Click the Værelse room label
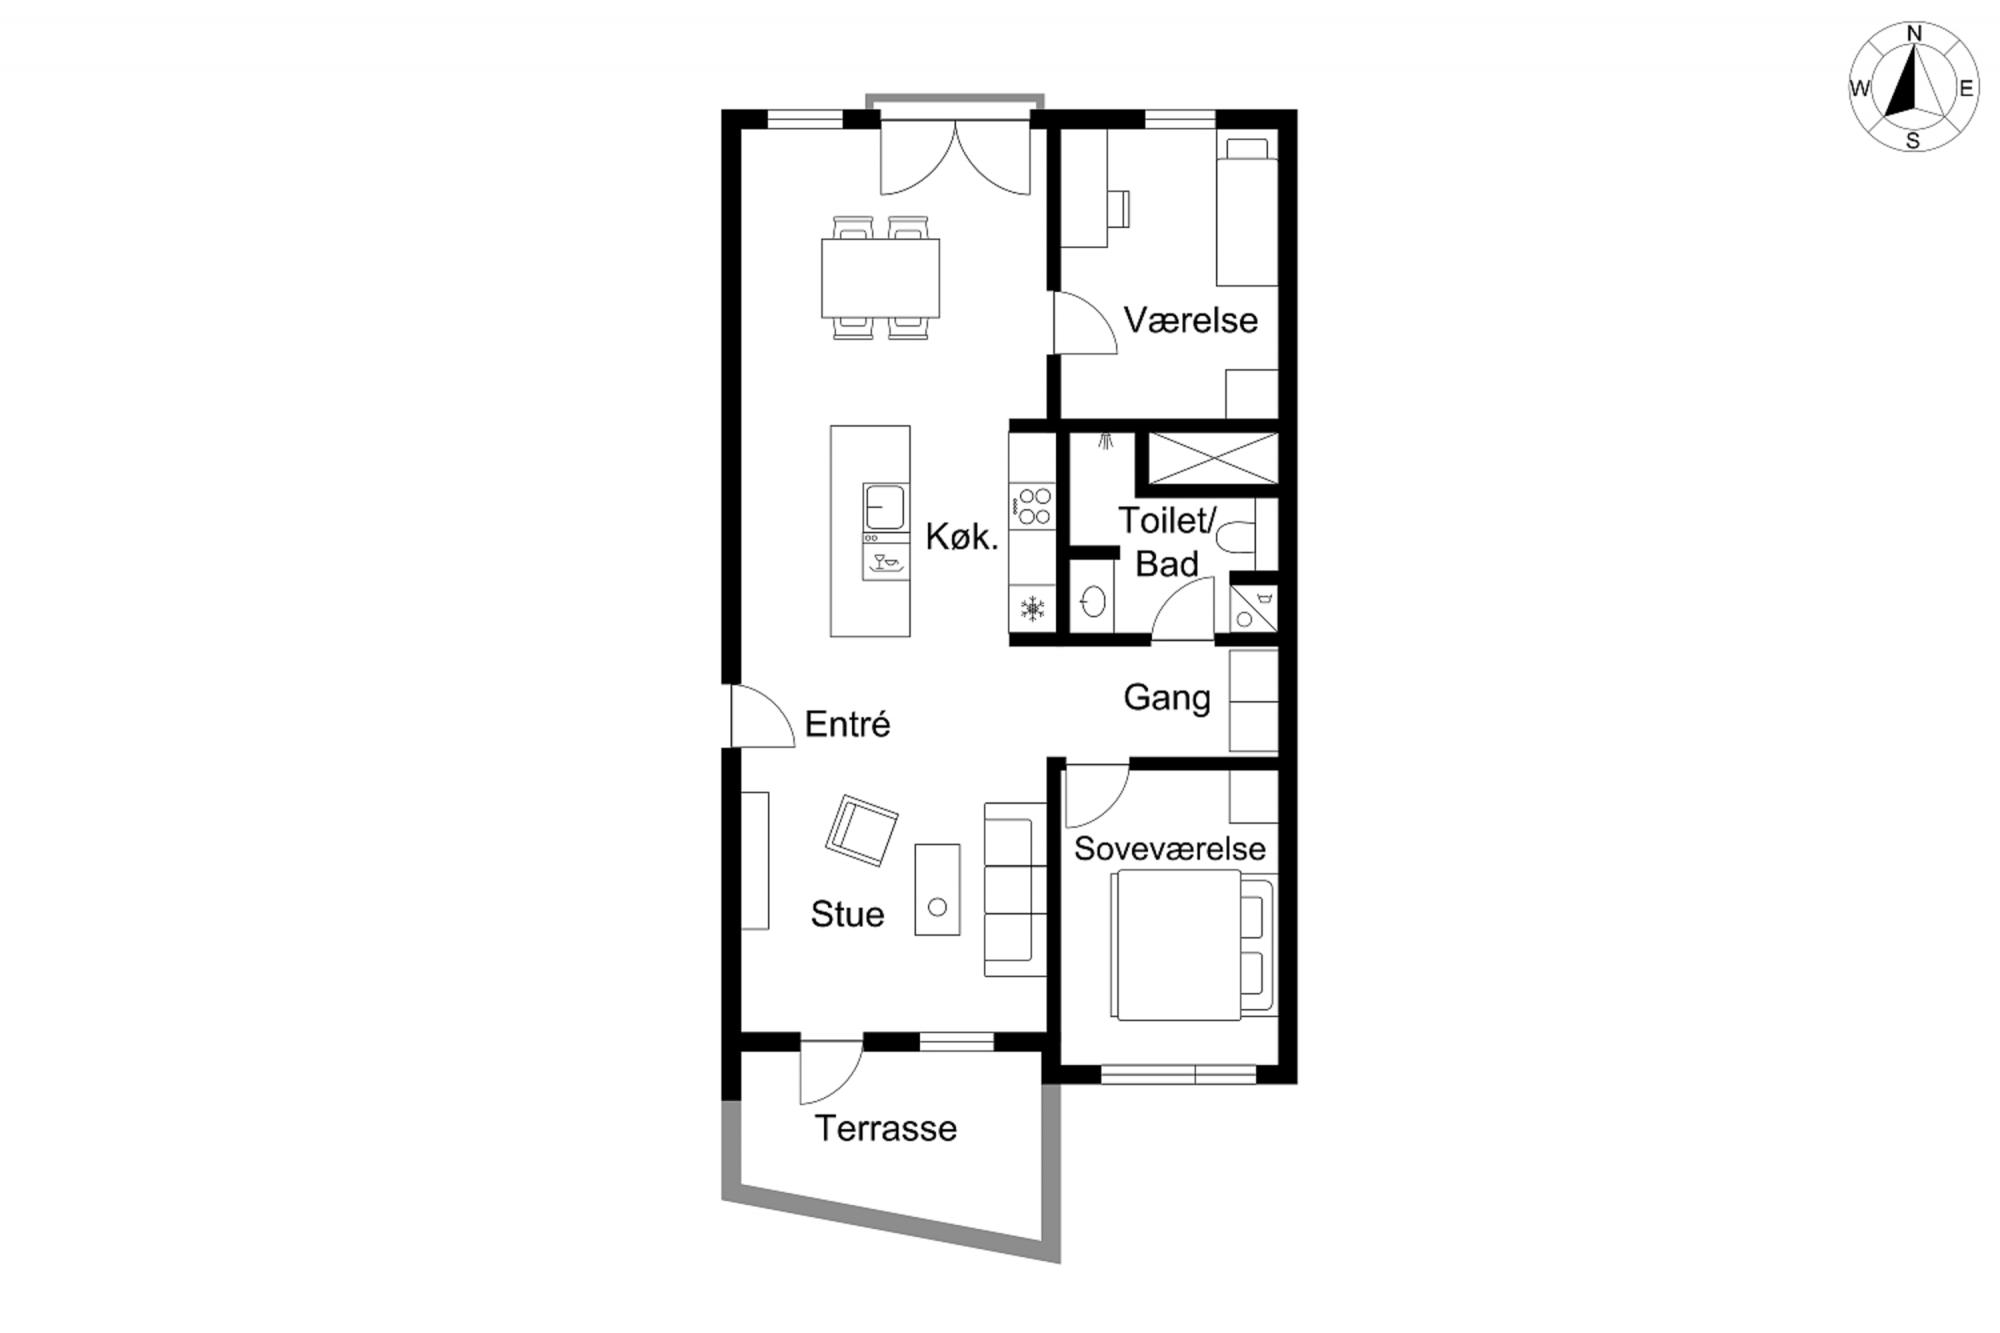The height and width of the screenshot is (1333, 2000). (1190, 320)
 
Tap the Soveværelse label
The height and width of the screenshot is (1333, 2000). (1170, 848)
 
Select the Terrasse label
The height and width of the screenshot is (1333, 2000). (886, 1128)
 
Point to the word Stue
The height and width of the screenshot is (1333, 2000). (847, 914)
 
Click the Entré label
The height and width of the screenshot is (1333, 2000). (847, 723)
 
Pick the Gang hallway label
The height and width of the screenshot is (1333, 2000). (1167, 697)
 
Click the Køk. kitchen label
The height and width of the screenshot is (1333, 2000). (962, 537)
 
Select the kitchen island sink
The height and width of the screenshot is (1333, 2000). (885, 506)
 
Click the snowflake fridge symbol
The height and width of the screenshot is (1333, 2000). (1032, 608)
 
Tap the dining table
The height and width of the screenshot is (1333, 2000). (880, 278)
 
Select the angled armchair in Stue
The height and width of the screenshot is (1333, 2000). (861, 830)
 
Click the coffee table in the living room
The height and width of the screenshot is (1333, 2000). (937, 889)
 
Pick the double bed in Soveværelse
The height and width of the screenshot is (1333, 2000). (1193, 945)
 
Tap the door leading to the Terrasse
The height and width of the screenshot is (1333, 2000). (831, 1072)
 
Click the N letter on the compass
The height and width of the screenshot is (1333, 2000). (1915, 34)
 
